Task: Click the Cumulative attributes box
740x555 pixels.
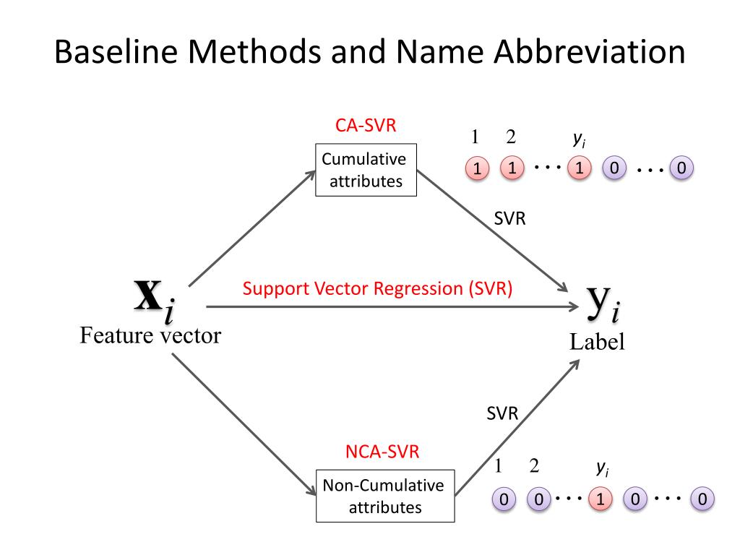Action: coord(366,170)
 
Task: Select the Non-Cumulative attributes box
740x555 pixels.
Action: coord(384,496)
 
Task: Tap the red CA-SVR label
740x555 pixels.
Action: coord(366,126)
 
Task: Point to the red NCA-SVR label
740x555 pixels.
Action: coord(382,452)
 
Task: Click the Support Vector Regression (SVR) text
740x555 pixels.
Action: coord(377,289)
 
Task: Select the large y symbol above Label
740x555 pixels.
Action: coord(596,302)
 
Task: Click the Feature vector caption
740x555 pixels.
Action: coord(150,335)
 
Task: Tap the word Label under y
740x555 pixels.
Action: coord(597,342)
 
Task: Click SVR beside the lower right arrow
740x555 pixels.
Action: coord(502,414)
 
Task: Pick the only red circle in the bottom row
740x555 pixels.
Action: coord(599,499)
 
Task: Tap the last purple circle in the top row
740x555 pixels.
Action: coord(681,169)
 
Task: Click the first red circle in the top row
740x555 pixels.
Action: coord(476,169)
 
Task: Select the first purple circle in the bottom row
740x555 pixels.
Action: coord(504,499)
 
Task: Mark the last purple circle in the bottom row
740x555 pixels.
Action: coord(702,499)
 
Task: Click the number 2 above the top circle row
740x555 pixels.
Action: coord(511,137)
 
